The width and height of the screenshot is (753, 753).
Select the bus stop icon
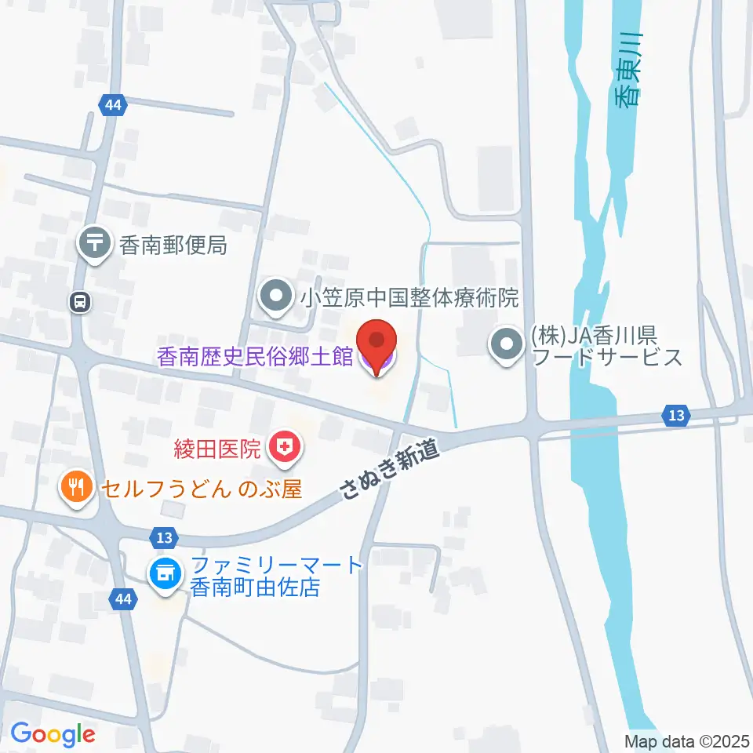[79, 301]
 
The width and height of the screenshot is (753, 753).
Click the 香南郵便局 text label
[173, 246]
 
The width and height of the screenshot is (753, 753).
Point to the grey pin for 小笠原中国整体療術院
[275, 298]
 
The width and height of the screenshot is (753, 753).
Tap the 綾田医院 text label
[217, 449]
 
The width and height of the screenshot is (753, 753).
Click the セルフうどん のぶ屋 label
[200, 489]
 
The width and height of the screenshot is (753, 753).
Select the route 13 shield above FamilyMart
[162, 537]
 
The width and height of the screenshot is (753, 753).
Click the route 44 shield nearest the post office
[111, 104]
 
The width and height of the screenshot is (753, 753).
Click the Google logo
[53, 735]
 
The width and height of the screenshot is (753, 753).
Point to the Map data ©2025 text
[686, 740]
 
